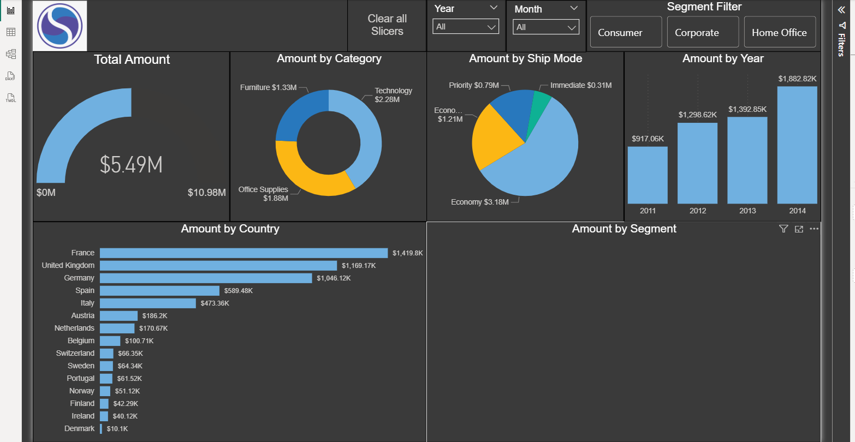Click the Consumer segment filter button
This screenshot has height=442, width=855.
pos(626,32)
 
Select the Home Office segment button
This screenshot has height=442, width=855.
pos(780,32)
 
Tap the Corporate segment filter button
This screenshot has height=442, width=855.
pos(703,32)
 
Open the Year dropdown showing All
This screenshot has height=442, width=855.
pos(466,27)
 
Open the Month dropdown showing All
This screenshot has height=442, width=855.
pos(546,27)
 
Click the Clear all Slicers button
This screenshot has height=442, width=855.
pos(387,25)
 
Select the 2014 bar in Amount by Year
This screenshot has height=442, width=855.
pos(797,145)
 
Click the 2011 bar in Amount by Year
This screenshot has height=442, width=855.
pos(648,175)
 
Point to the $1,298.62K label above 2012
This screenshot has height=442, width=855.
pos(698,115)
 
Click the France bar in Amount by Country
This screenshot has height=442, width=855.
pos(244,253)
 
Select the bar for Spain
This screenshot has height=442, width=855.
pos(159,291)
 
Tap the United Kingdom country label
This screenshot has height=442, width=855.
pos(68,265)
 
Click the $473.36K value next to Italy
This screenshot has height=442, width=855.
pos(215,303)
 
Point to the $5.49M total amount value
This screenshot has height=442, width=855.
pos(131,165)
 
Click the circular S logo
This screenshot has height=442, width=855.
pos(60,26)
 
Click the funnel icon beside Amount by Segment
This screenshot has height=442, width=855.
pos(783,229)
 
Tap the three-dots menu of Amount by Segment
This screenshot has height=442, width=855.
pos(814,229)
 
